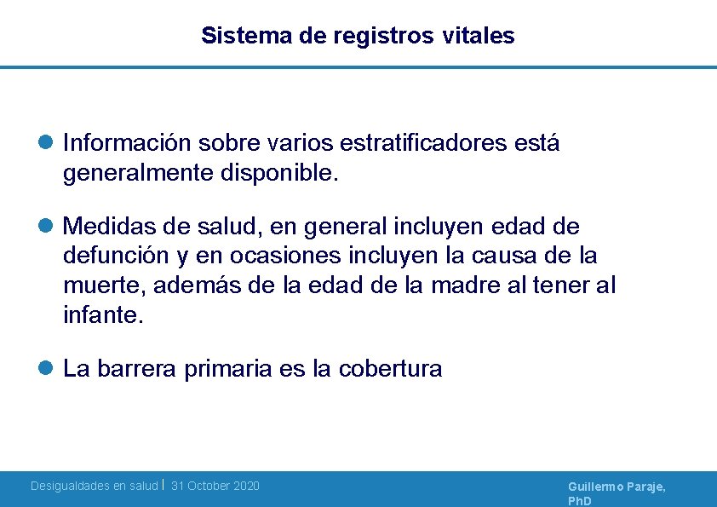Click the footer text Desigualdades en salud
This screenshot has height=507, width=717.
[94, 486]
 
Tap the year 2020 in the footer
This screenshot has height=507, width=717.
[245, 486]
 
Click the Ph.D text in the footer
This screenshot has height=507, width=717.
[579, 501]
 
